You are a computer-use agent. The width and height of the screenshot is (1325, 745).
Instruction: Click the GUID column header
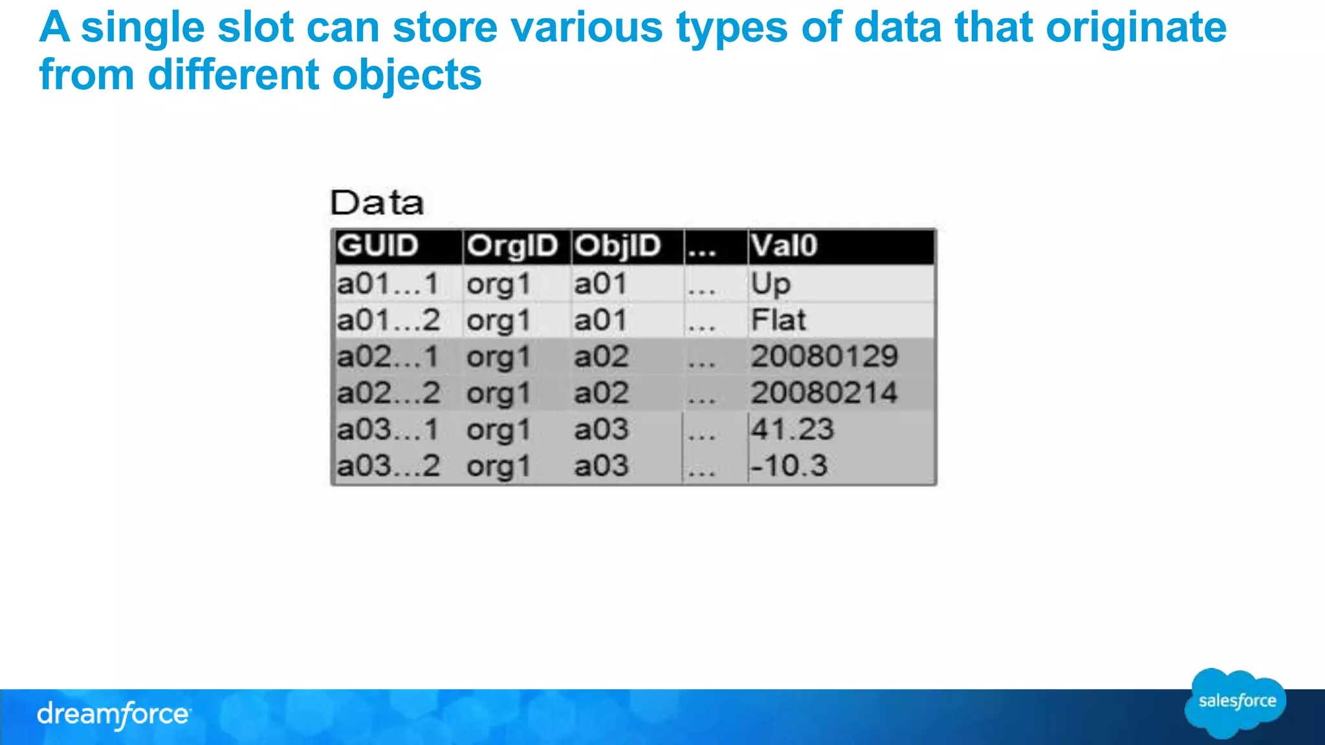pos(378,246)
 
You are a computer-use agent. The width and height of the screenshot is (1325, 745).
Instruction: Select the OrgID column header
pos(512,246)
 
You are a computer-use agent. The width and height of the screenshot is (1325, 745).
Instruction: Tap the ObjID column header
pos(618,246)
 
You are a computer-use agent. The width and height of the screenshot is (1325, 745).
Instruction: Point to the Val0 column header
pos(784,246)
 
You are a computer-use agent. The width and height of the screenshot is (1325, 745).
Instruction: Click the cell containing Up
pos(771,284)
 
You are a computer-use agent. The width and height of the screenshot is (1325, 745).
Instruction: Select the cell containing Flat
pos(778,320)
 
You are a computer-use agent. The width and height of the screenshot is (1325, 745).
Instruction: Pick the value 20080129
pos(824,356)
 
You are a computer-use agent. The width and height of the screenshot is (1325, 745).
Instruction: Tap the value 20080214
pos(824,393)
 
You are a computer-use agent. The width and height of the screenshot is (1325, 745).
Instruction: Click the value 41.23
pos(793,429)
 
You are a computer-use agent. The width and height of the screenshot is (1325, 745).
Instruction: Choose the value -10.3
pos(789,466)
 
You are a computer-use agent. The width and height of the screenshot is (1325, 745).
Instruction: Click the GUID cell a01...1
pos(388,284)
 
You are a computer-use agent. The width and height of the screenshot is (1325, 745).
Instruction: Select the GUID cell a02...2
pos(388,393)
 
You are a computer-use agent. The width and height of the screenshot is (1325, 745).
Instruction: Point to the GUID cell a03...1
pos(388,429)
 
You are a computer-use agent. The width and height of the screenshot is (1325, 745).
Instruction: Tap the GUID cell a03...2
pos(388,466)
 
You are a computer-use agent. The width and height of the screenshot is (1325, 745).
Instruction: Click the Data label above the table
pos(377,203)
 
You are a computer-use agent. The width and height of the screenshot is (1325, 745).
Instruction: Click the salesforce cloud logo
pos(1236,702)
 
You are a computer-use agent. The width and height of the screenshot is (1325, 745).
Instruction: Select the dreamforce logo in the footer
pos(113,715)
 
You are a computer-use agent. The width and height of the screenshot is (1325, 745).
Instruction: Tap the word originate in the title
pos(1136,28)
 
